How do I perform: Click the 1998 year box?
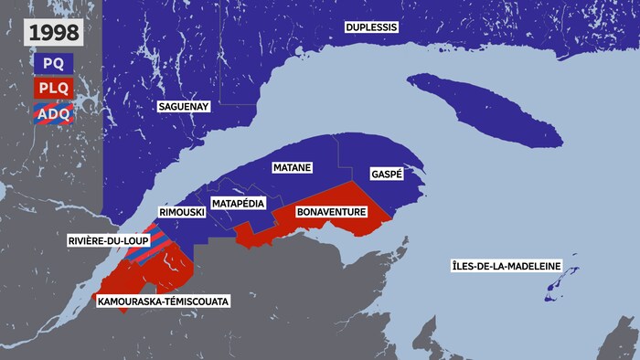pos(52,34)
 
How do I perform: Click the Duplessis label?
pos(371,27)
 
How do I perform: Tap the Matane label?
pos(293,168)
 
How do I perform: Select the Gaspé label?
pos(387,174)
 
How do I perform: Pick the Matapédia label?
pos(239,202)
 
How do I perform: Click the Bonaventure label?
pos(333,212)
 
